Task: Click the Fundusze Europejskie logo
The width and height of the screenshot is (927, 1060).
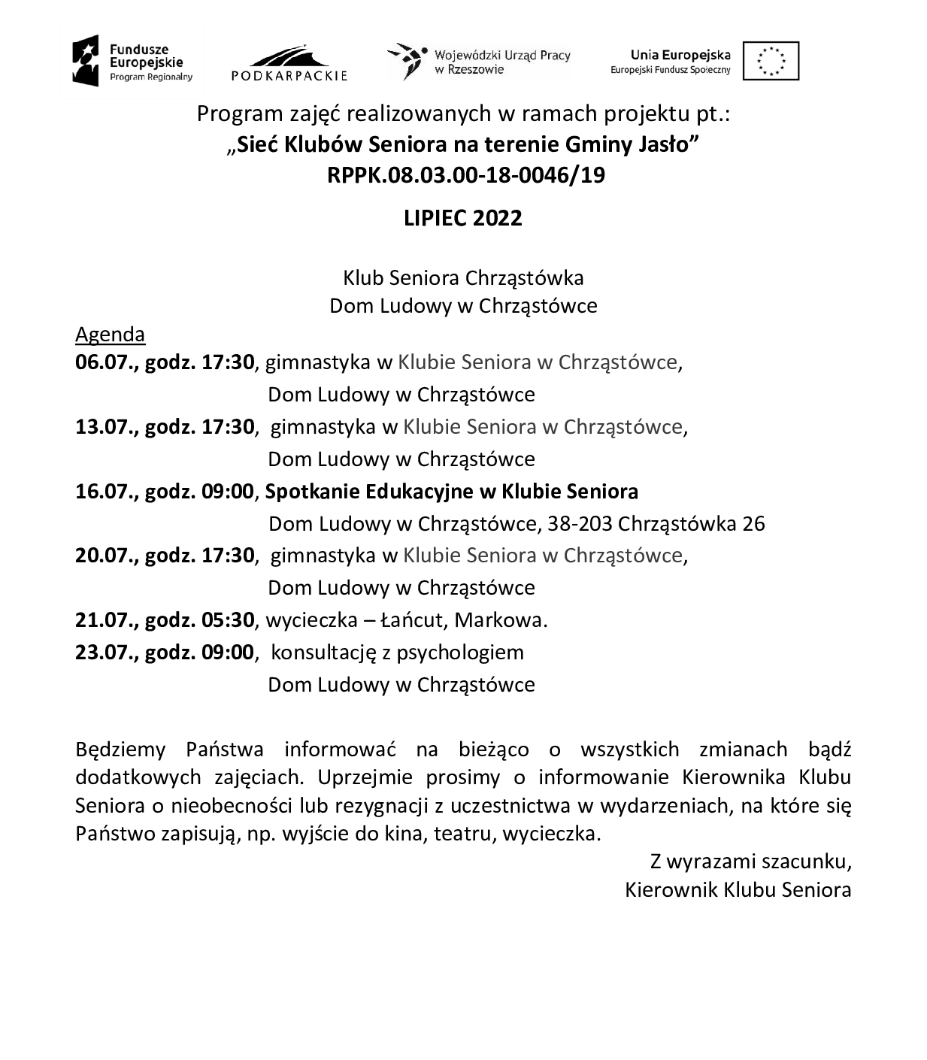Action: (132, 61)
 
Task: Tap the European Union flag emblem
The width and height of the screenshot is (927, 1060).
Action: (771, 61)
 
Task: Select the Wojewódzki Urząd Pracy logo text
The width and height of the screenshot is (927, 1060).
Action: (501, 62)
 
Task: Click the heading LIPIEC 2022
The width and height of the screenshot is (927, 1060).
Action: (462, 218)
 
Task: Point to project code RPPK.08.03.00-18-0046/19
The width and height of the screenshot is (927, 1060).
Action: (465, 175)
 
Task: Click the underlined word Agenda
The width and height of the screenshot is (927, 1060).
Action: (110, 334)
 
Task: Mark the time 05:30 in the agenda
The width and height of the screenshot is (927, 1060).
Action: (228, 620)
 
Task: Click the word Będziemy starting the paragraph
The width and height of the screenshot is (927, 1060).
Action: (120, 750)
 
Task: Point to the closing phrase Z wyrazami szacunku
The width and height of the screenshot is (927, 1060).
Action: (750, 861)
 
